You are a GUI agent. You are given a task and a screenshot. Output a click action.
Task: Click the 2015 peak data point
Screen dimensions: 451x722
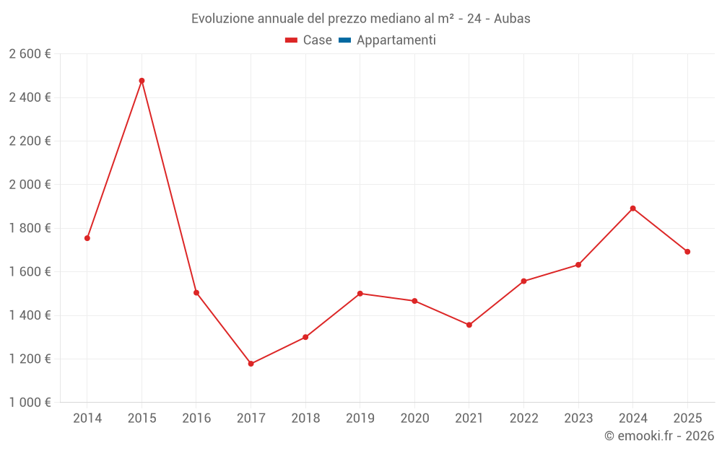click(x=142, y=81)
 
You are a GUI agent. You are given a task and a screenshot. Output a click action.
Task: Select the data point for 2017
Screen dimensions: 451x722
click(x=251, y=364)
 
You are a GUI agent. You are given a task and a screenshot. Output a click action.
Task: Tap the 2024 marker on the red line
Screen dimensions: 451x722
click(x=632, y=209)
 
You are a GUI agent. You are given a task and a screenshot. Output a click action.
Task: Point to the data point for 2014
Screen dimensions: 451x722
click(x=87, y=238)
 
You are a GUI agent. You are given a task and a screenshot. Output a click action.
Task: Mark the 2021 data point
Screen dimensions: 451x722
click(x=469, y=325)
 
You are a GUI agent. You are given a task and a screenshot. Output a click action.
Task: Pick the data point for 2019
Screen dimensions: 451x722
click(x=360, y=294)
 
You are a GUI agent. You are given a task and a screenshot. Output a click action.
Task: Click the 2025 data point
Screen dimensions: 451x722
click(x=687, y=252)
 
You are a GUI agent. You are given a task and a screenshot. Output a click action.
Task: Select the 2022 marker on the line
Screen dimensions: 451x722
click(x=523, y=281)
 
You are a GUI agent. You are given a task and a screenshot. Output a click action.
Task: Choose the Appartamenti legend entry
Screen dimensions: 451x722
click(x=396, y=40)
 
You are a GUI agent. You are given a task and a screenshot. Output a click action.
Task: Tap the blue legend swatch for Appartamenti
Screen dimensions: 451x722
click(x=344, y=40)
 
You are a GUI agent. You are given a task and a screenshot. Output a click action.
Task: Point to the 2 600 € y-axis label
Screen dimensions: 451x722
click(x=30, y=54)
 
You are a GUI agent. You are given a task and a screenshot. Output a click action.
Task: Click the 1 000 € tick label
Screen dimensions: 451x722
click(x=30, y=403)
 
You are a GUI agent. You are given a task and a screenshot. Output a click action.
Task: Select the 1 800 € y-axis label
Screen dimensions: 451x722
click(x=30, y=228)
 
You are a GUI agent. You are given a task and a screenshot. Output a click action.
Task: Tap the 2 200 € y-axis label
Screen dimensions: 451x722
click(x=30, y=141)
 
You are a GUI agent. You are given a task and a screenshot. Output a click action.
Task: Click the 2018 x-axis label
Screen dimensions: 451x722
click(x=305, y=419)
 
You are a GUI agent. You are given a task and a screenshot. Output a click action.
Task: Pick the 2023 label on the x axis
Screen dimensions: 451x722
click(x=578, y=419)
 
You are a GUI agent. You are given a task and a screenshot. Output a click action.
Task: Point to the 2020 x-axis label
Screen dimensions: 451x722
click(x=414, y=419)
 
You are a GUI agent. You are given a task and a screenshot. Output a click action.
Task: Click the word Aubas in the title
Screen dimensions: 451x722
click(x=512, y=19)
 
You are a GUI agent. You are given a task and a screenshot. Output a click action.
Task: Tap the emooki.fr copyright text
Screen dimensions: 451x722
click(x=659, y=436)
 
